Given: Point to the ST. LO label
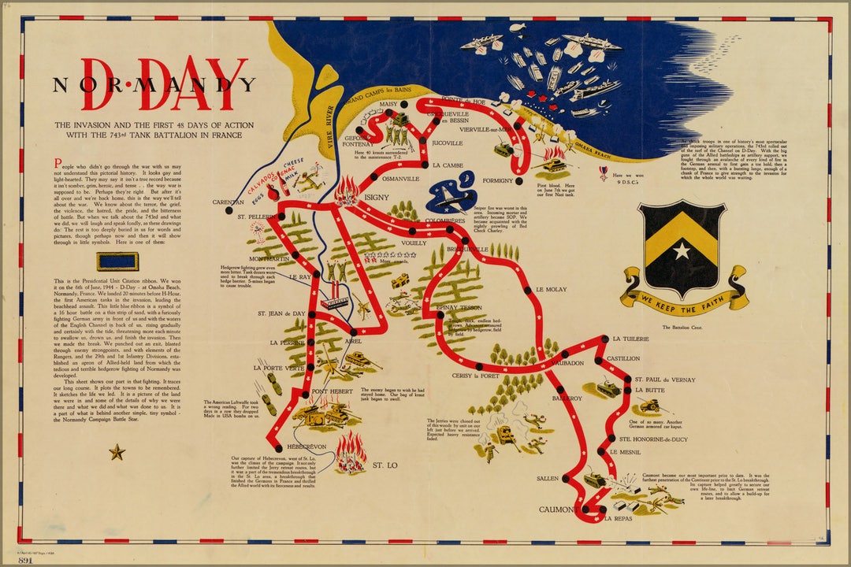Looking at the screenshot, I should coord(385,465).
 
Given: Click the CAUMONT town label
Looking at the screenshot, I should coord(558,510).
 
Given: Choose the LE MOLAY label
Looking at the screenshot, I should coord(551,290).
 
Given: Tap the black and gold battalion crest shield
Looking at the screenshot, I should coord(682,249).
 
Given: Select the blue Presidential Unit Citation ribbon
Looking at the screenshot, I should coord(117,261).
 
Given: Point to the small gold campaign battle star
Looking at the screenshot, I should coord(117,452).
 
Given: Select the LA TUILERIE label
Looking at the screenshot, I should coord(630,339).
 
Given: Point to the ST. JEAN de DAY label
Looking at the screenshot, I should coord(281,313).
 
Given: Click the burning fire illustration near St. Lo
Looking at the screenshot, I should coord(349,450).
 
